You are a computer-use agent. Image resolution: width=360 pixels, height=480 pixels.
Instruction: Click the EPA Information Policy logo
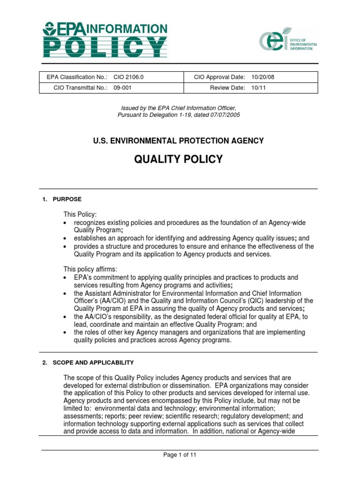(105, 39)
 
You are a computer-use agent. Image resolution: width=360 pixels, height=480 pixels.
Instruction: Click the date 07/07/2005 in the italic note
(225, 115)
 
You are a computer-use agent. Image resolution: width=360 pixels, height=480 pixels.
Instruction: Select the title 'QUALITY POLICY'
(179, 159)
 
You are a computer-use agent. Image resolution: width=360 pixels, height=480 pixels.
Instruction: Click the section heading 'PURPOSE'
(67, 199)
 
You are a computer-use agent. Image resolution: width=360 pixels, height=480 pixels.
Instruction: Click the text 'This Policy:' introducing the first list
(80, 214)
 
